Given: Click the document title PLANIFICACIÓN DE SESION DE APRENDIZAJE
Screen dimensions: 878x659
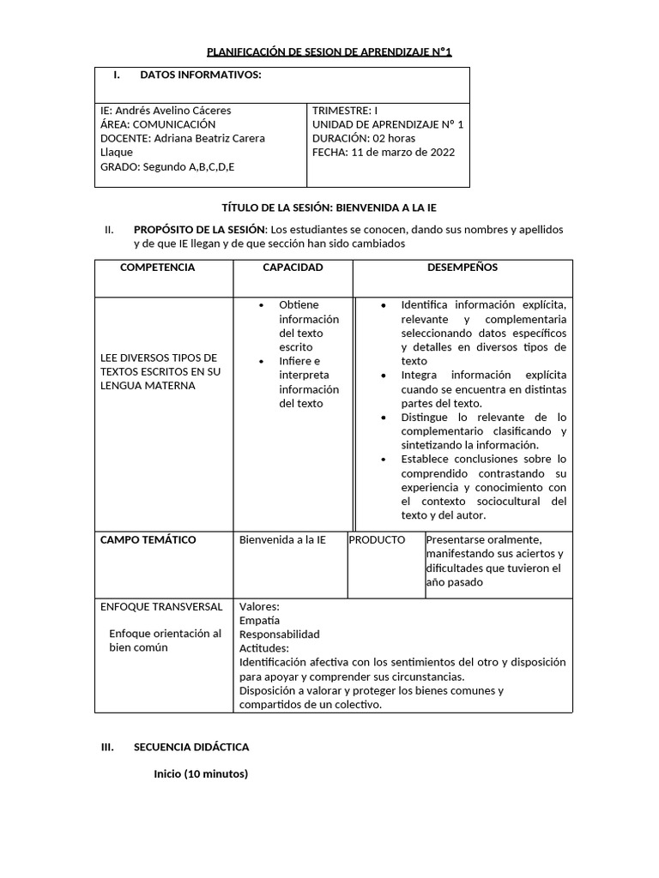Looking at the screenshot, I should [329, 52].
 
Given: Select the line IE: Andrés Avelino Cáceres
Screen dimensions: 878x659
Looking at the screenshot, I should [166, 111].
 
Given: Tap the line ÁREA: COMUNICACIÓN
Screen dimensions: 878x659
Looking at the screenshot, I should [158, 124].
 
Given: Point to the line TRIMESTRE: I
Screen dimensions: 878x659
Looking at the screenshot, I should [344, 111].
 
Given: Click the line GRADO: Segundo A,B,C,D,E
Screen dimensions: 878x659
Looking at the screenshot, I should [167, 166].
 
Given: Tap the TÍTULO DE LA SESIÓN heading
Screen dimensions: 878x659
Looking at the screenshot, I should [329, 207].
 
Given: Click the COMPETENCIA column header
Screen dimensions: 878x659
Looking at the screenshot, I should [157, 268].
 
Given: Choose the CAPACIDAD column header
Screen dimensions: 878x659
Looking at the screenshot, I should [293, 268].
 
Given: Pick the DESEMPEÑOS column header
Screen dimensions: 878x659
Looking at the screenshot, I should [462, 268].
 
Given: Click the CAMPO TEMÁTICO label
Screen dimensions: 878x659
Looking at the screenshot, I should [148, 540].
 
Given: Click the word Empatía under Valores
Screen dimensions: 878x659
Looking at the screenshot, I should [259, 620].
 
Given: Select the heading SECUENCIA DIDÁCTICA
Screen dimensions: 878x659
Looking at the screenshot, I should [191, 748].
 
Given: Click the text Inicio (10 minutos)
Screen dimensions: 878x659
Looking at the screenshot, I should [201, 774].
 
